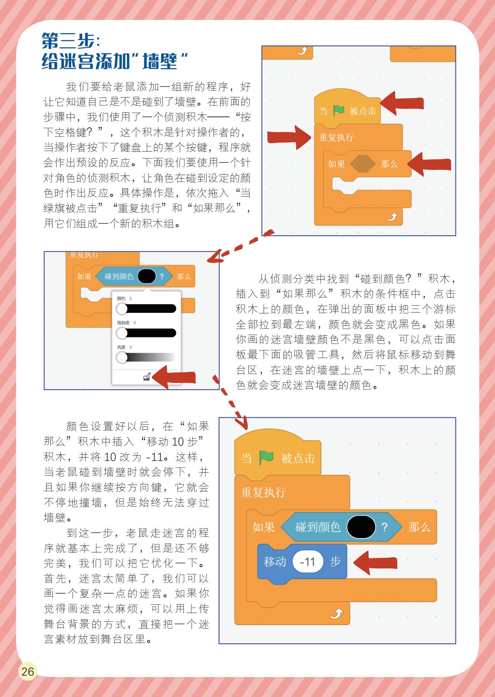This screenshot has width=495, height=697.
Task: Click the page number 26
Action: (x=27, y=671)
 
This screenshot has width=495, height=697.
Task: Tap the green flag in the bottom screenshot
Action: (x=266, y=458)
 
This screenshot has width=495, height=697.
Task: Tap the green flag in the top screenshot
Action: (x=338, y=110)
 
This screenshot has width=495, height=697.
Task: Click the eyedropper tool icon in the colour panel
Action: (x=147, y=377)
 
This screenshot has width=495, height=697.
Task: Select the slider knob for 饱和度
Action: (x=122, y=333)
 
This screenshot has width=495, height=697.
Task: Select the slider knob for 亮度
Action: (x=122, y=357)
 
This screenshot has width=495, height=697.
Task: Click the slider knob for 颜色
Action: (x=122, y=309)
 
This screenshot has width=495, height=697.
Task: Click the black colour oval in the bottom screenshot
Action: (x=361, y=527)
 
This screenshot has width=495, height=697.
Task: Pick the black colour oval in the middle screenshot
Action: (x=146, y=276)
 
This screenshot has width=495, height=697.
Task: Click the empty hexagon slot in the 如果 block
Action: (x=363, y=164)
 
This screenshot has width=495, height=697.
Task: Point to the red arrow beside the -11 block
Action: (x=375, y=562)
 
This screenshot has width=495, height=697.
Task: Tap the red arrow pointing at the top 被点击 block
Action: (x=402, y=103)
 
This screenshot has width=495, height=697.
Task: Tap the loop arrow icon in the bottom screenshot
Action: (x=336, y=614)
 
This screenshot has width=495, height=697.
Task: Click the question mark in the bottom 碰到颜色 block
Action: (x=385, y=527)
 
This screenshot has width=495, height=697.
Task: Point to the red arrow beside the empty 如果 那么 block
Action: (x=429, y=164)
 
